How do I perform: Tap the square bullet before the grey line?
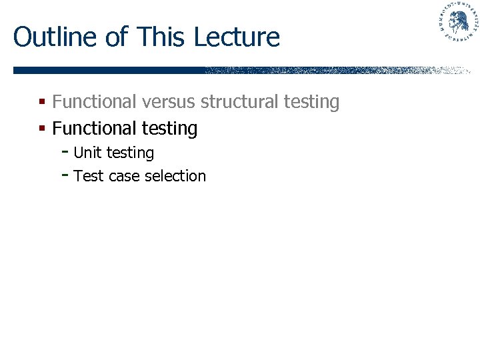41,103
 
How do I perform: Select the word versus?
170,102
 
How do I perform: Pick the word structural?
239,102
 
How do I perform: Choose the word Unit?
87,153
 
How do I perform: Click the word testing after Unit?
130,153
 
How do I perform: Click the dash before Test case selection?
65,175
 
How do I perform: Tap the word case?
123,177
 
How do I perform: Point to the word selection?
175,176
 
